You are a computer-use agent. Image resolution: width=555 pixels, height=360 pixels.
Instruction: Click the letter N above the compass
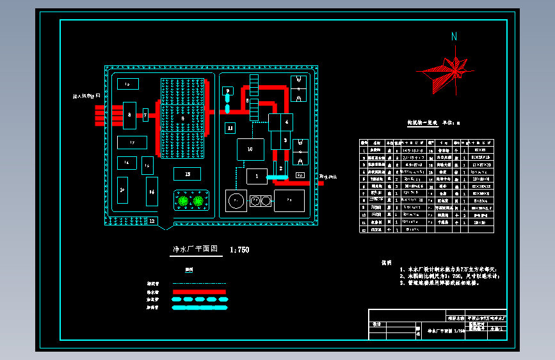click(454, 37)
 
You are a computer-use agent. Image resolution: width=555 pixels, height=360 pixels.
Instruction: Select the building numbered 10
click(250, 149)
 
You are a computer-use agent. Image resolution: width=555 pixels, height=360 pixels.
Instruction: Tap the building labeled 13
click(187, 174)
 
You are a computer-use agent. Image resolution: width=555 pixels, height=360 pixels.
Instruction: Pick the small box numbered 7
click(145, 116)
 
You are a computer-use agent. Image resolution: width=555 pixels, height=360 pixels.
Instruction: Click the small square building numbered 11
click(230, 128)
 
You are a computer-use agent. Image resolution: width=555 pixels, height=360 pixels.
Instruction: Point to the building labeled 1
click(257, 176)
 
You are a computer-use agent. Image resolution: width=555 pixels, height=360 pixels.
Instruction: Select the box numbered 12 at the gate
click(152, 220)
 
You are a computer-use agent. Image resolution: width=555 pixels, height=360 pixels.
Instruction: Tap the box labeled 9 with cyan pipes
click(227, 92)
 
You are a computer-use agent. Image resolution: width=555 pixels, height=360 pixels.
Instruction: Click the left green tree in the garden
click(184, 201)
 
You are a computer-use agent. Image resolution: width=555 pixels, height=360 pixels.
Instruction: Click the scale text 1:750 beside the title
click(239, 250)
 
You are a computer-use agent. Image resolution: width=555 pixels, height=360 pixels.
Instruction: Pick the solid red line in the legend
click(199, 291)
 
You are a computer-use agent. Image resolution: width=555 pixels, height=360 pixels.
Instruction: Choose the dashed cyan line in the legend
click(199, 299)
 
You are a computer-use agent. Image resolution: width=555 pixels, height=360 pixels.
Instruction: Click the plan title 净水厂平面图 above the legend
click(196, 250)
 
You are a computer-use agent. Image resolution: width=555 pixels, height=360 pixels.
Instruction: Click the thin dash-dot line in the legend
click(199, 283)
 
